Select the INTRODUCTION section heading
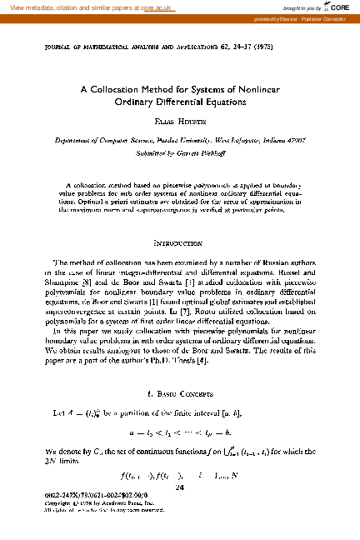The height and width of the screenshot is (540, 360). pyautogui.click(x=179, y=242)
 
